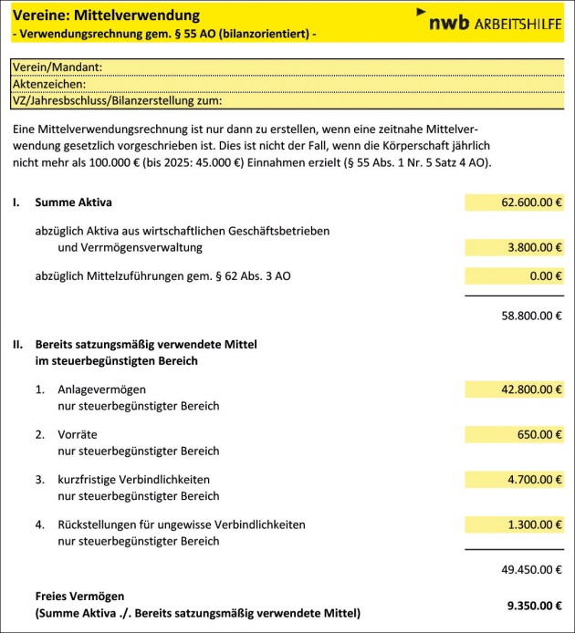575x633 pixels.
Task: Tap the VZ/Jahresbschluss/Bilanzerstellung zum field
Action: tap(392, 100)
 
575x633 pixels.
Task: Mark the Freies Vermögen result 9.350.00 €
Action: tap(534, 604)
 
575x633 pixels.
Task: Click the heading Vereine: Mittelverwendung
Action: tap(106, 16)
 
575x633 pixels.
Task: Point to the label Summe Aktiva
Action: tap(73, 202)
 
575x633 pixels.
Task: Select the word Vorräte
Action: tap(78, 434)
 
